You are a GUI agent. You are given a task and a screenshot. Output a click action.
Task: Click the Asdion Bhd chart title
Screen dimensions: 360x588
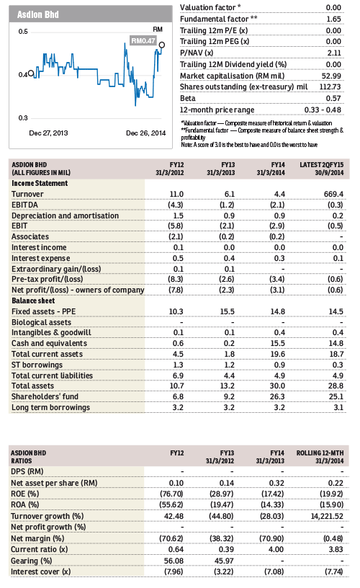point(38,14)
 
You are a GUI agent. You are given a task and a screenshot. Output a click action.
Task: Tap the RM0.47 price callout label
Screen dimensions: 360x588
point(143,40)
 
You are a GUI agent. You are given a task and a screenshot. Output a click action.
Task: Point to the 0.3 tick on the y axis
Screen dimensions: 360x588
point(23,117)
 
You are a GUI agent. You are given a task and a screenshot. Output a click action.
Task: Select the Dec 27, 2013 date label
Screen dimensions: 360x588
point(48,133)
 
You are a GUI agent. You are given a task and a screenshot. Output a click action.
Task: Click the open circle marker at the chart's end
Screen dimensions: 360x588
point(162,45)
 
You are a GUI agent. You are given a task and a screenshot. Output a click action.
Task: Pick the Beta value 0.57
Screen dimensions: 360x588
point(333,98)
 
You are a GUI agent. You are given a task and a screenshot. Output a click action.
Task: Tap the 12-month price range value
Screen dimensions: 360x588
point(323,110)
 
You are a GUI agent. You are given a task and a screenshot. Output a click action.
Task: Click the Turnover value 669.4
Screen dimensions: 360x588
point(333,194)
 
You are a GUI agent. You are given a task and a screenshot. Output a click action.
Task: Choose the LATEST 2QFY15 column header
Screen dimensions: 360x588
point(321,169)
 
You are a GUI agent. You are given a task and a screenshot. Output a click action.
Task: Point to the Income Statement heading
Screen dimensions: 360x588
point(40,183)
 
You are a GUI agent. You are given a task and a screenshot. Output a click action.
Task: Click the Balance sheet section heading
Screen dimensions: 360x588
point(33,300)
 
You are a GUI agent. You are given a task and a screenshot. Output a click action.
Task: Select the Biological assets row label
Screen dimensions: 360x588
point(41,322)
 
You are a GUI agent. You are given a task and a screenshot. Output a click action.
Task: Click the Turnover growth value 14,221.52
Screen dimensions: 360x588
point(327,516)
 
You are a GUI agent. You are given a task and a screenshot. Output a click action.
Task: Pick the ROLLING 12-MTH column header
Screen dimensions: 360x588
point(320,457)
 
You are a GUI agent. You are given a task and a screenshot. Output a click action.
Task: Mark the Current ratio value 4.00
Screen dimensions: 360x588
point(276,549)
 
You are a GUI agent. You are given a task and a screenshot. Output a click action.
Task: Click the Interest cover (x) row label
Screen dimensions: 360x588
point(41,571)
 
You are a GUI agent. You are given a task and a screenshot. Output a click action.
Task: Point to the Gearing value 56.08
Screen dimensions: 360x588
point(174,561)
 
